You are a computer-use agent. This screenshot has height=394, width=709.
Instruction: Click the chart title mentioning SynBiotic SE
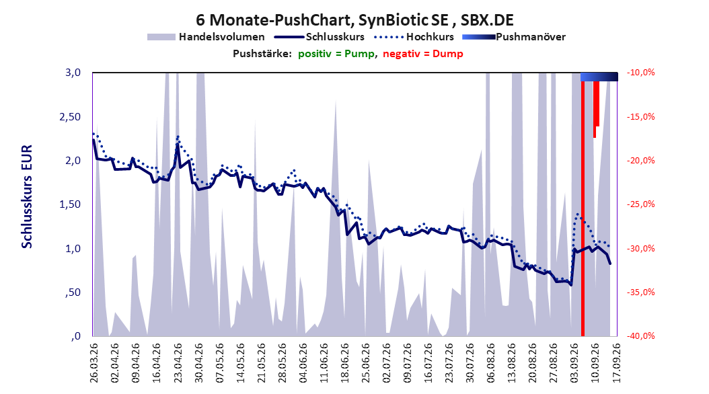354,20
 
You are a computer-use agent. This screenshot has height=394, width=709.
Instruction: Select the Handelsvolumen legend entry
206,37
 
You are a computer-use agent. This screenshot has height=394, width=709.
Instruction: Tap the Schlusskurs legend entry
320,37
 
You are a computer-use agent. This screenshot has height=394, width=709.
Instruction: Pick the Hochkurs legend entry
414,37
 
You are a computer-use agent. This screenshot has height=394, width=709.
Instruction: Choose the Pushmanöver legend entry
514,37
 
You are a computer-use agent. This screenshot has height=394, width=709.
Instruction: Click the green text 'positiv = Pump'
336,54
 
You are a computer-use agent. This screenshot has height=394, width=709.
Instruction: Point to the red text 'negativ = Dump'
423,54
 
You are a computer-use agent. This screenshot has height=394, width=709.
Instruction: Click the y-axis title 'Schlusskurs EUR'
27,196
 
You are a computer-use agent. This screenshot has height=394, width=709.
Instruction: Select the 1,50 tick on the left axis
70,204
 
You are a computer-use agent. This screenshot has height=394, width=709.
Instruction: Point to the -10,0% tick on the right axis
640,73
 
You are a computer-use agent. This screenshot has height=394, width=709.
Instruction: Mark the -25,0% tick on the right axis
640,204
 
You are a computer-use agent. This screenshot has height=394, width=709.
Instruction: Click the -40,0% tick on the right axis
640,336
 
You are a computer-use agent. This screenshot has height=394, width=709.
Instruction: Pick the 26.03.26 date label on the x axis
94,363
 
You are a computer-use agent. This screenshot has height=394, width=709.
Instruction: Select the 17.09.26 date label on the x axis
616,363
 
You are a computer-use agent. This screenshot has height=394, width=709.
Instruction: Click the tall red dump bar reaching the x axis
583,208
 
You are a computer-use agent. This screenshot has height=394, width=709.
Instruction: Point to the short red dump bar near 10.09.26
596,108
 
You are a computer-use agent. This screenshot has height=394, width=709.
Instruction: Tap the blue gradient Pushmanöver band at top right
599,77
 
